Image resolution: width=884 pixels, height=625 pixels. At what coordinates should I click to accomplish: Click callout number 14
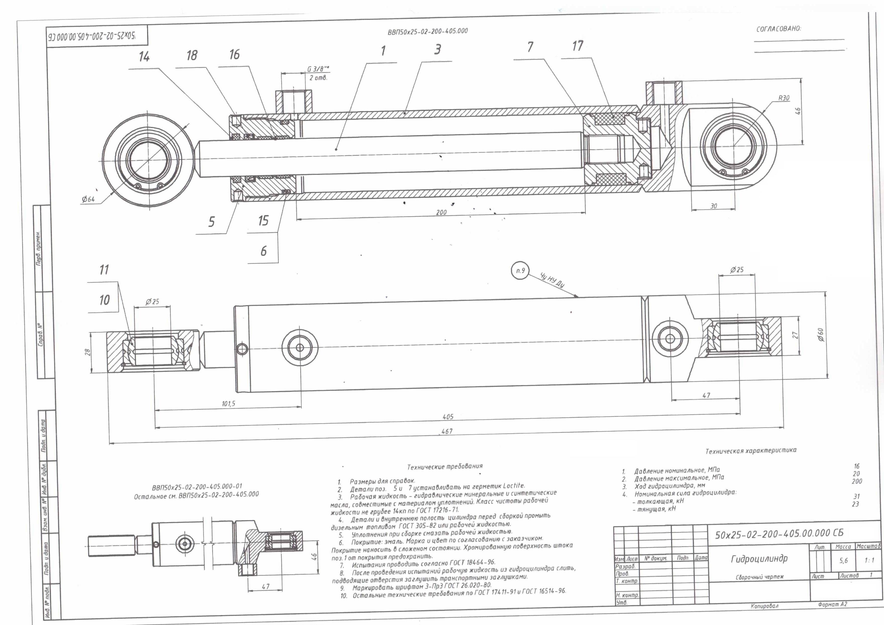pos(144,57)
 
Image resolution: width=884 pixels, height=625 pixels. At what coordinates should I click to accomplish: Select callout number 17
pos(577,46)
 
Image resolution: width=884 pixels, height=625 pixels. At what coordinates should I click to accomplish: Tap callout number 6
pos(263,251)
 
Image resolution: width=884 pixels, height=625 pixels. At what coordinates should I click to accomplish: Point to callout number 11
pos(104,270)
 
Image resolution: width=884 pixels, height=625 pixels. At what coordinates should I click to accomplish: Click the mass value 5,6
pos(843,561)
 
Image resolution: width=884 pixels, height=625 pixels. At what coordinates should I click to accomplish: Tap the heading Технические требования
pos(445,466)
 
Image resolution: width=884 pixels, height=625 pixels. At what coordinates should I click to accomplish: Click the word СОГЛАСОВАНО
pos(778,29)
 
